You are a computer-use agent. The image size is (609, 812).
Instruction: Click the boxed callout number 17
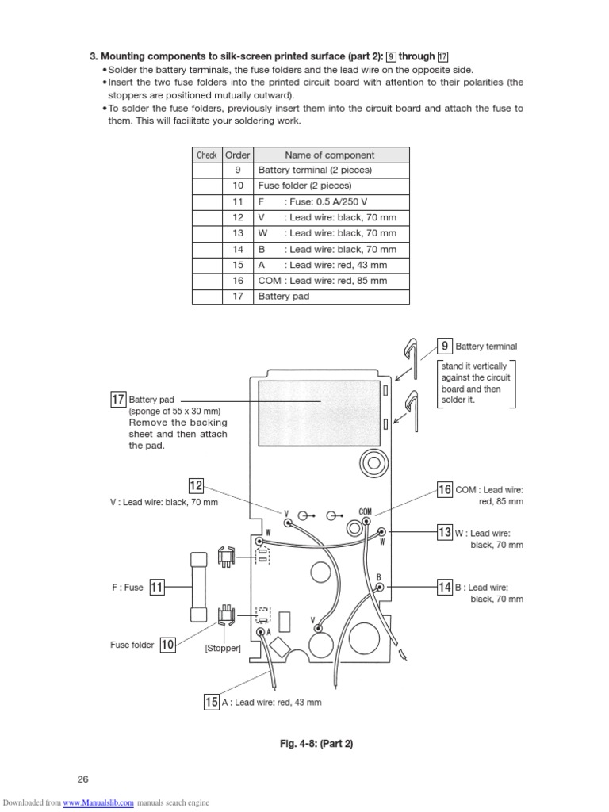119,400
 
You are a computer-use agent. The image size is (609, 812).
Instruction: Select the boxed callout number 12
197,485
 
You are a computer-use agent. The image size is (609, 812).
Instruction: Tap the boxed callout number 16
445,489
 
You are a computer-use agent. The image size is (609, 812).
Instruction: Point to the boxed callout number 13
445,532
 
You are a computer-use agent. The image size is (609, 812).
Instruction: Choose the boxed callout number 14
445,587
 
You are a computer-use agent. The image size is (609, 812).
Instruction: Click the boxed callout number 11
157,587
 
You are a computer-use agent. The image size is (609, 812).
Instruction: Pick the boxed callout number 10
167,645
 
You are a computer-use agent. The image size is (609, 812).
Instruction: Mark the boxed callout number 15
212,702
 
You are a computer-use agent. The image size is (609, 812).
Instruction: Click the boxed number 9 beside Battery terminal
446,346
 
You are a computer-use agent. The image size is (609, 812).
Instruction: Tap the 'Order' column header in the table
237,155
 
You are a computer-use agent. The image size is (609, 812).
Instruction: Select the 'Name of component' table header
330,155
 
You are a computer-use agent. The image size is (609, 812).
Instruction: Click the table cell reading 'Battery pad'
283,297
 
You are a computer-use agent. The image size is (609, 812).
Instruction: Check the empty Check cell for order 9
207,170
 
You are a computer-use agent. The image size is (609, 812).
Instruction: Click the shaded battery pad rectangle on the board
318,403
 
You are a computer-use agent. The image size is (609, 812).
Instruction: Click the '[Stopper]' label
223,649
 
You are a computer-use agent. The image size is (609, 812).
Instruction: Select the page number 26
82,779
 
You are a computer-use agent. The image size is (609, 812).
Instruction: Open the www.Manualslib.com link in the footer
98,803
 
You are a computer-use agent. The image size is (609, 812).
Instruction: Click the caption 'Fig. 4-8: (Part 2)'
315,744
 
